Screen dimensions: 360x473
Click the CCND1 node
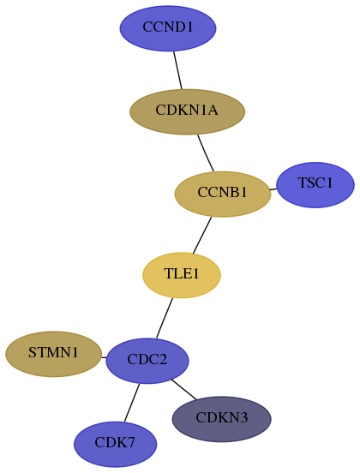tap(168, 28)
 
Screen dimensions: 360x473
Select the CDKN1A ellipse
tap(187, 111)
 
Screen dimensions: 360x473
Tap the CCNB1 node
tap(223, 194)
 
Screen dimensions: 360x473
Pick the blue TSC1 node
tap(315, 184)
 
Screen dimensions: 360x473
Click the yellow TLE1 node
tap(182, 275)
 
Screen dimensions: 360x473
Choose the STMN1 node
tap(53, 354)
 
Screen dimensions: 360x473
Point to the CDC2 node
tap(147, 361)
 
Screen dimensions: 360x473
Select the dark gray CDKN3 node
tap(221, 419)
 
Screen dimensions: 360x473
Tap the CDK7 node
tap(115, 444)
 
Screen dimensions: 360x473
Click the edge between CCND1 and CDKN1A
tap(177, 70)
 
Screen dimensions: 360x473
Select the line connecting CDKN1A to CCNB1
tap(206, 153)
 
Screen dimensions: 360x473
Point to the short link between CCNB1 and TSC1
tap(273, 189)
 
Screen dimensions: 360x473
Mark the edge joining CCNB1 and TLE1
tap(202, 236)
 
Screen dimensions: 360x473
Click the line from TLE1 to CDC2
tap(165, 318)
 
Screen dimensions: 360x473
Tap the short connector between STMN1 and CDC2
tap(104, 357)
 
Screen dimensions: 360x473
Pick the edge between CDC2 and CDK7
tap(132, 403)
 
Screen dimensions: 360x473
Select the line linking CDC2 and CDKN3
tap(183, 389)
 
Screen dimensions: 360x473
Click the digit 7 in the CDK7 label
tap(131, 442)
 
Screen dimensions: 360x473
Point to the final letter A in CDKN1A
tap(213, 110)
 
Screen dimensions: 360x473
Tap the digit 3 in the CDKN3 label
tap(243, 417)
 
